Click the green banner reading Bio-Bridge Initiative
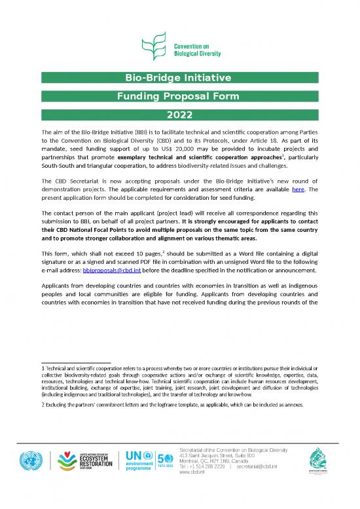(179, 79)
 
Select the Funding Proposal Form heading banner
(179, 97)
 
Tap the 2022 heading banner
(179, 116)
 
